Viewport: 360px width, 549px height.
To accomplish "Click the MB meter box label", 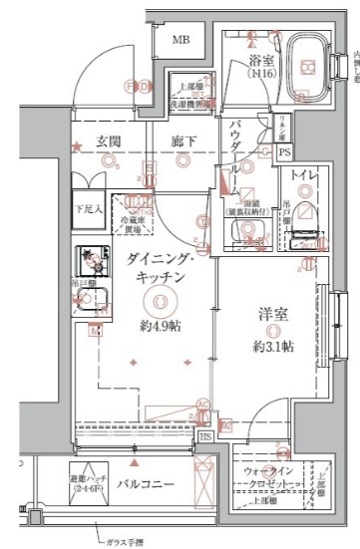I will pyautogui.click(x=180, y=39).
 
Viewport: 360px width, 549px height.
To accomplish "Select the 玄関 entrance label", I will pyautogui.click(x=109, y=141).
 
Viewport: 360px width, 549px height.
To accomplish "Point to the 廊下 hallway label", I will pyautogui.click(x=181, y=141).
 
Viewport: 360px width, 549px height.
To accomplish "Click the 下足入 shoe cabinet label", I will pyautogui.click(x=90, y=209).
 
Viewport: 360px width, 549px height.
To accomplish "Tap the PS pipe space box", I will pyautogui.click(x=284, y=152).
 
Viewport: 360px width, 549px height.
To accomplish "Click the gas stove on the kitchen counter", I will pyautogui.click(x=97, y=262).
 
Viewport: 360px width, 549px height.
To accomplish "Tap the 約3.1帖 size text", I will pyautogui.click(x=271, y=346).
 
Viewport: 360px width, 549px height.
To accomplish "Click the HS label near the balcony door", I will pyautogui.click(x=205, y=435).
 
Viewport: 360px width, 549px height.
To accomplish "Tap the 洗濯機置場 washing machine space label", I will pyautogui.click(x=188, y=101).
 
